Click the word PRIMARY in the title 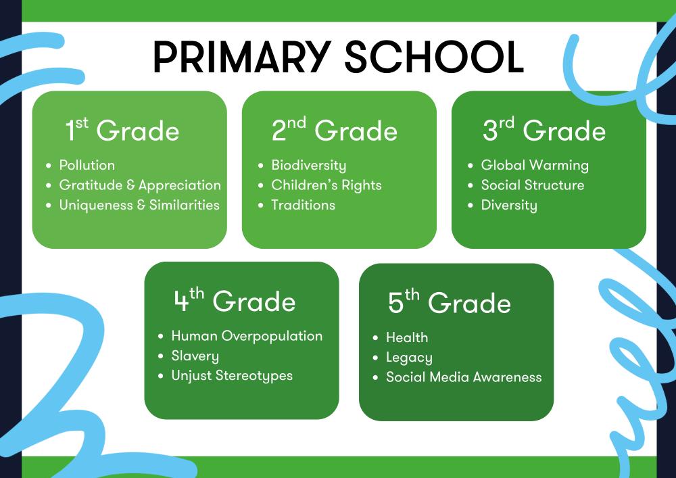pos(242,57)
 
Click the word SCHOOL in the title pos(434,57)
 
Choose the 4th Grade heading pos(235,300)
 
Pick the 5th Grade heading pos(450,302)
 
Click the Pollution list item pos(87,165)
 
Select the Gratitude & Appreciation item pos(140,185)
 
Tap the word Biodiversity pos(309,166)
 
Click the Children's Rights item pos(327,185)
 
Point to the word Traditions pos(303,205)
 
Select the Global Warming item pos(535,166)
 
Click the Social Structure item pos(533,185)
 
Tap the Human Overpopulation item pos(247,336)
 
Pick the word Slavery pos(195,356)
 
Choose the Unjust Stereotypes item pos(232,376)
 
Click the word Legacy pos(409,358)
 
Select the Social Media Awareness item pos(464,377)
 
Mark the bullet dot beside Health pos(375,338)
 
